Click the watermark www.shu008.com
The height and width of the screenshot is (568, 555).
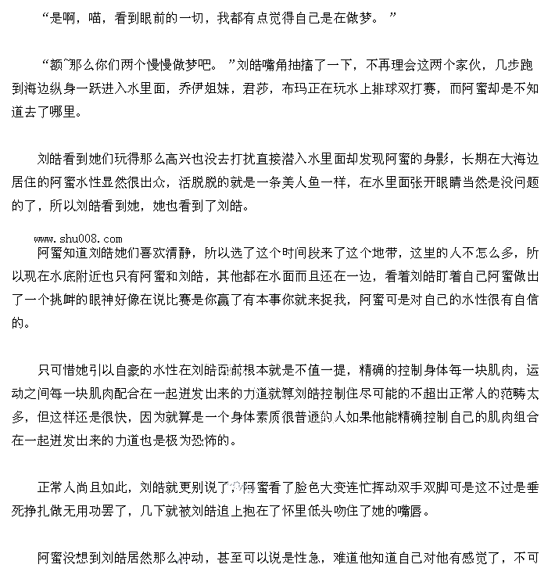pyautogui.click(x=78, y=239)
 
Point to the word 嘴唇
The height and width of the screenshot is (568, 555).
pyautogui.click(x=414, y=511)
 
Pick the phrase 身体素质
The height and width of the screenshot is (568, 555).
pyautogui.click(x=239, y=417)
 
